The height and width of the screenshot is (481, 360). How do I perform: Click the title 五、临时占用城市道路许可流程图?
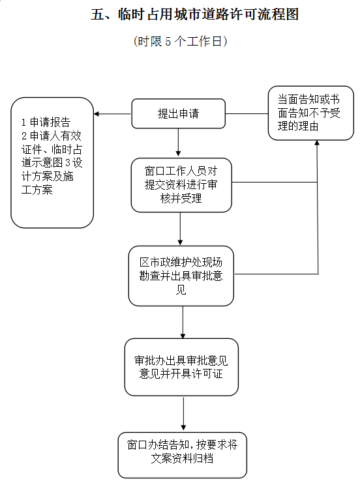pos(194,14)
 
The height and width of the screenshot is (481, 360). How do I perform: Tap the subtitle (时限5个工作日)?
pos(181,41)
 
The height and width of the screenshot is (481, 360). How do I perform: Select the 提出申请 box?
pos(178,113)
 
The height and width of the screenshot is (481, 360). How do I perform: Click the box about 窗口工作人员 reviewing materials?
pos(181,185)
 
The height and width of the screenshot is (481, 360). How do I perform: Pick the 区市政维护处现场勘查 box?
pos(181,276)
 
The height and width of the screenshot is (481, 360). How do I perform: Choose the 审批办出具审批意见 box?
pos(181,367)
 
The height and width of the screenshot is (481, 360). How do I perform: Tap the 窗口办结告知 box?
pos(183,455)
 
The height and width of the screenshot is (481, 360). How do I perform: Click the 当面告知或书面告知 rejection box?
pos(311,113)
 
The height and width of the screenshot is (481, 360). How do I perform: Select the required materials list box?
pos(52,162)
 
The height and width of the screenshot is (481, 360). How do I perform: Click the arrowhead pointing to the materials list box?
pos(96,114)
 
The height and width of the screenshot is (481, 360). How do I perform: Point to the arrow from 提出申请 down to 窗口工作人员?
pos(178,142)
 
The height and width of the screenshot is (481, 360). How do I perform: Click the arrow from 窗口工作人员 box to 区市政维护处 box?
pos(180,229)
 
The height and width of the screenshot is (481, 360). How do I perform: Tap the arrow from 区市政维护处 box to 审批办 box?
pos(183,322)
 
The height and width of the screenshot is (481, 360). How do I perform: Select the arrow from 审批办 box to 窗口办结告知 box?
pos(183,413)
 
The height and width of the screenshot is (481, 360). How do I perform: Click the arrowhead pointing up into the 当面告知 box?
pos(317,143)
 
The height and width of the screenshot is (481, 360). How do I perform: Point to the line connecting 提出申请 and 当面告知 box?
pos(247,114)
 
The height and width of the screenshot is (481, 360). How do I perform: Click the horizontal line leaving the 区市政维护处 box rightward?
pos(277,274)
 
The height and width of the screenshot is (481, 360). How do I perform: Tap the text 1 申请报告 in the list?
pos(46,122)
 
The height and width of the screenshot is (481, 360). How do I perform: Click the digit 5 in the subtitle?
pos(168,42)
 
